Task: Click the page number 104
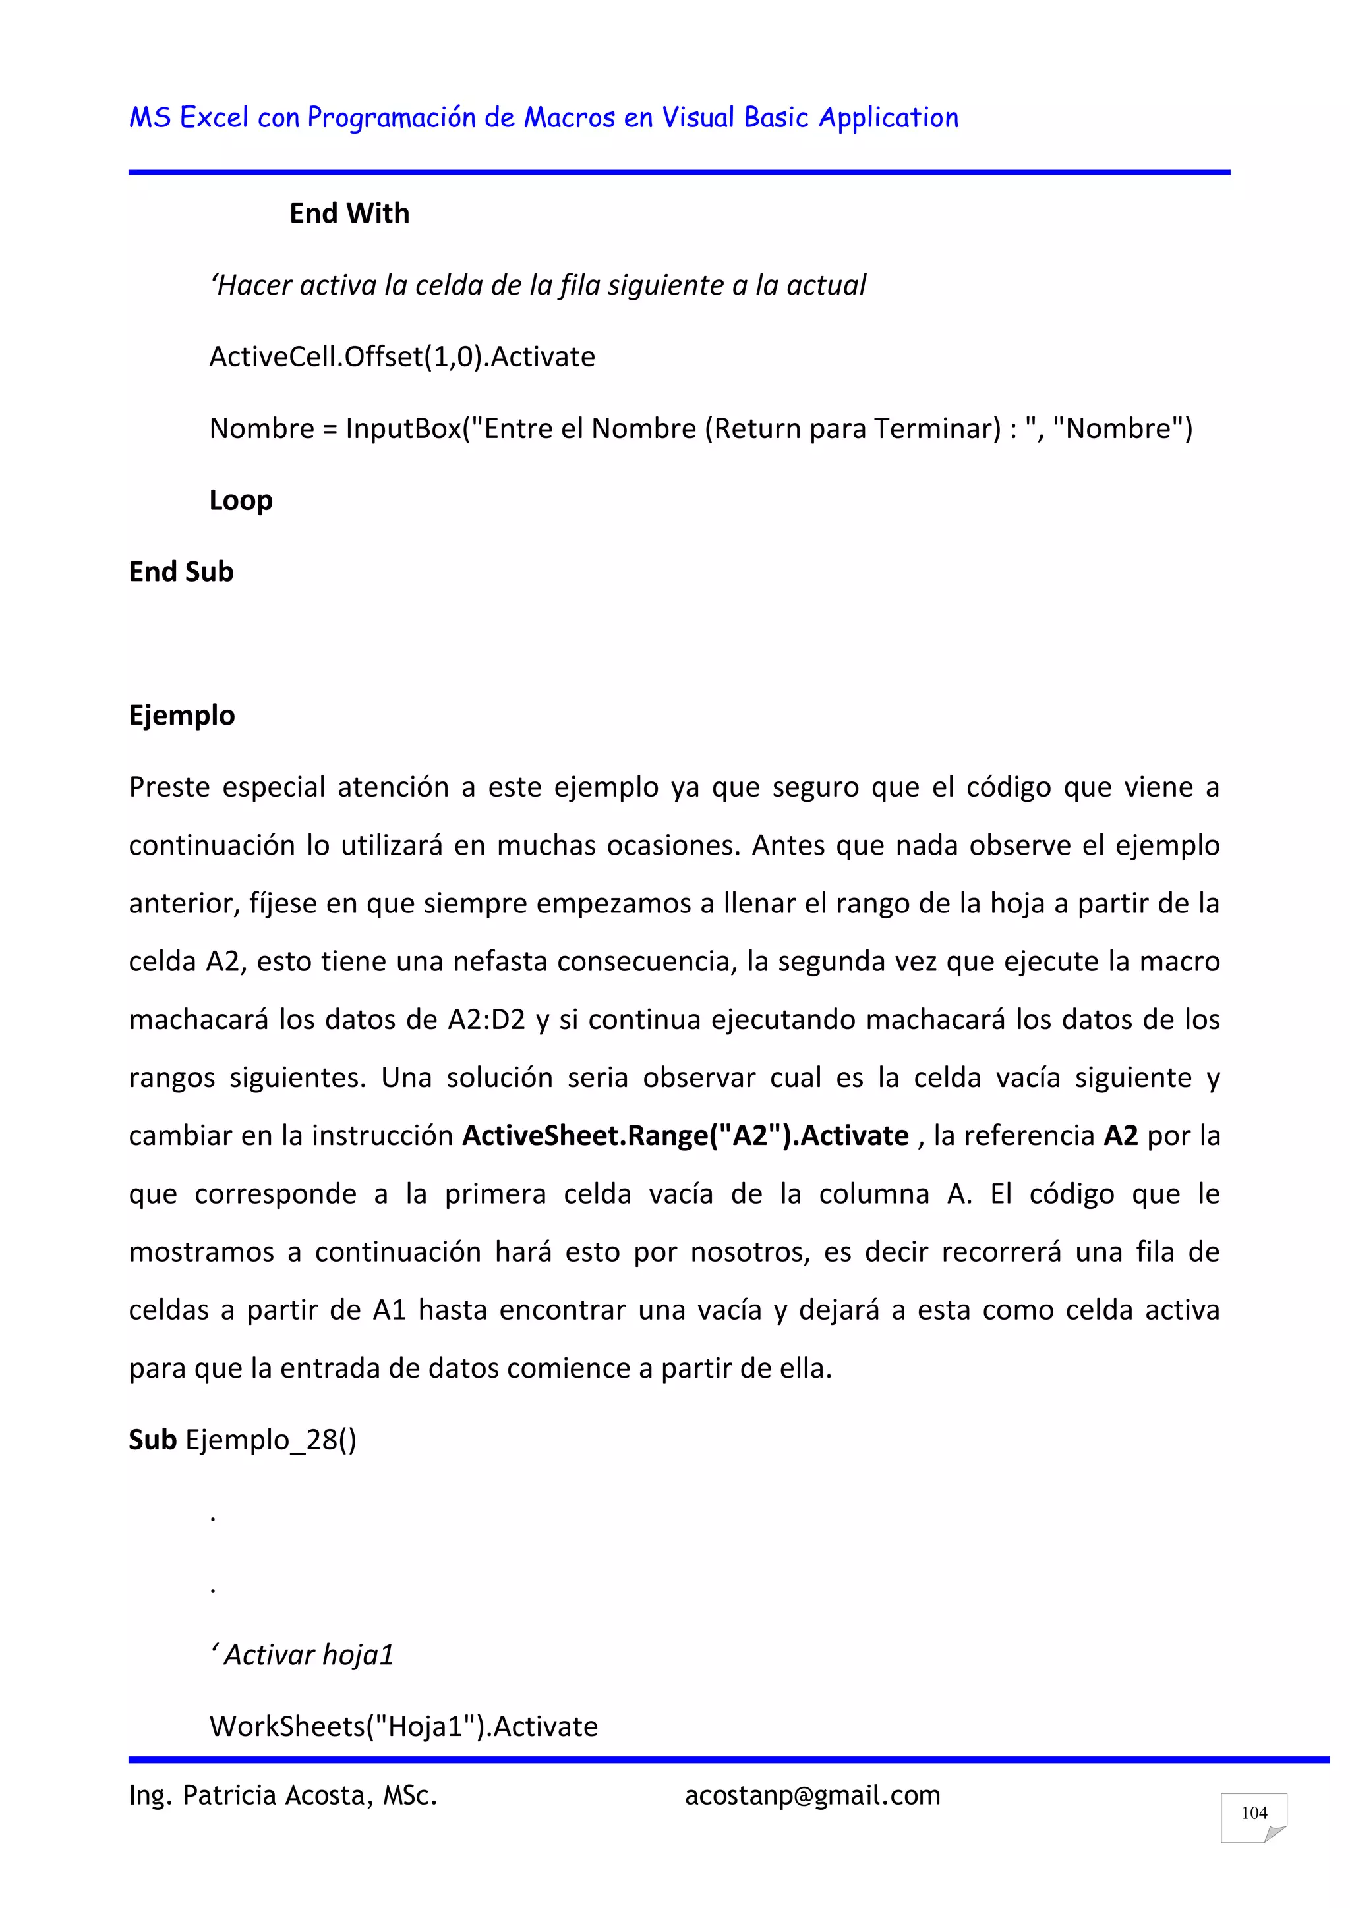(1254, 1812)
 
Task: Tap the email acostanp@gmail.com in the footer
(812, 1796)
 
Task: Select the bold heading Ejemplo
(182, 715)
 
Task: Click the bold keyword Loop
(241, 500)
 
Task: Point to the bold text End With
(349, 213)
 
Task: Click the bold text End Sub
(181, 572)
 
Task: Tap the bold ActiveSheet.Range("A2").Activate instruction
(685, 1136)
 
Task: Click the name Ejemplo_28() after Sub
(271, 1440)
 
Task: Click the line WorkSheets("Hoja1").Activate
(403, 1727)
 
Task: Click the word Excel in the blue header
(214, 118)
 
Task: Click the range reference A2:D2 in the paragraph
(486, 1020)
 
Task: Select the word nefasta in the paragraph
(500, 961)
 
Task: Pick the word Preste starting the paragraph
(169, 787)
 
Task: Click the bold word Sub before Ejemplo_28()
(153, 1440)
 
